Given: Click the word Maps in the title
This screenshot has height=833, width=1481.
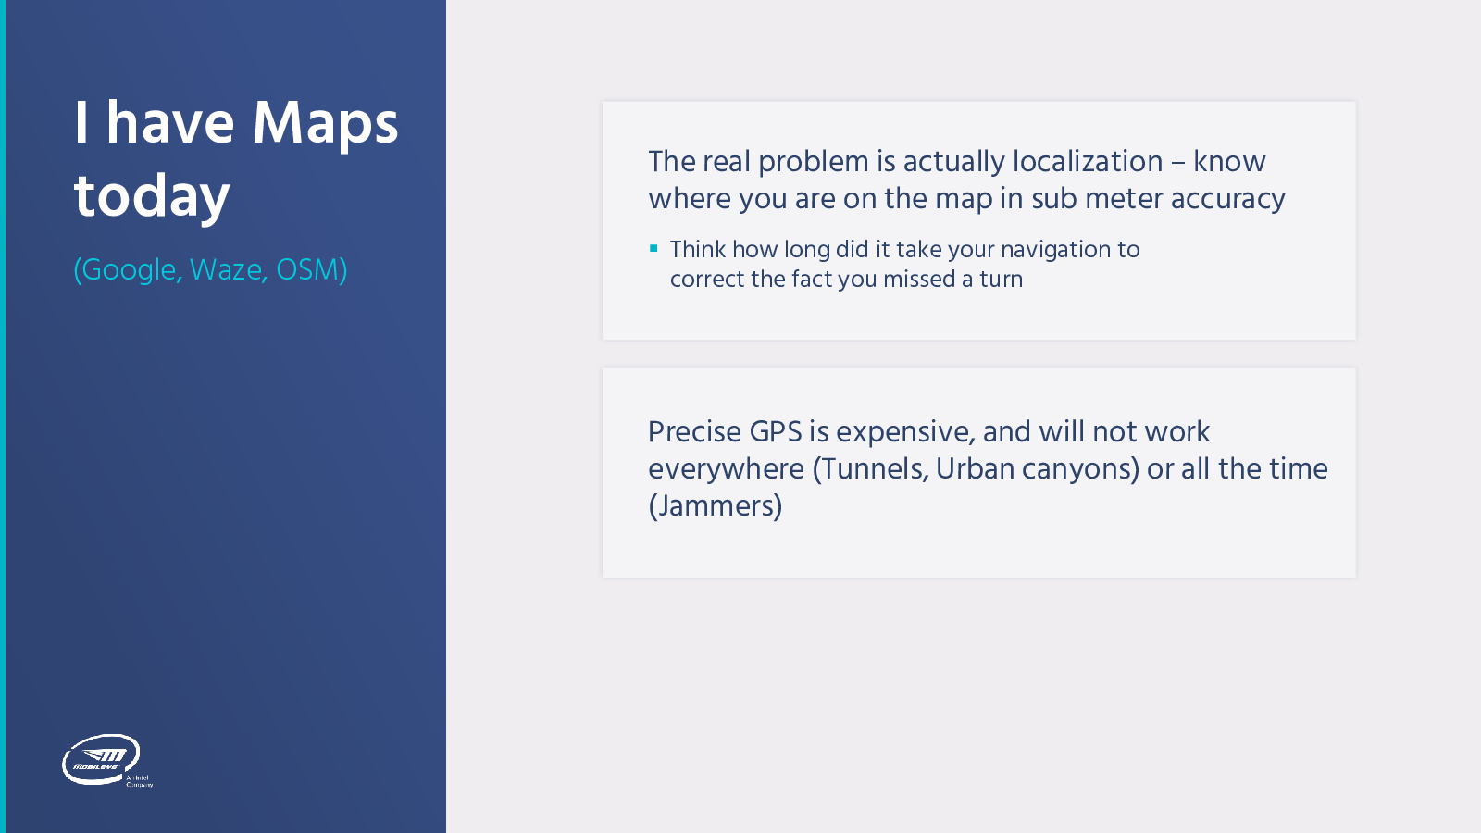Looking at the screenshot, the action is [x=325, y=124].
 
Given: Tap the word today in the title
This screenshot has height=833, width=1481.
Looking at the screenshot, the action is [x=152, y=196].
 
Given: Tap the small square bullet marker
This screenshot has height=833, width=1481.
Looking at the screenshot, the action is [x=653, y=249].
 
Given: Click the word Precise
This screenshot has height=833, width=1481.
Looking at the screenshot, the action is [x=694, y=431].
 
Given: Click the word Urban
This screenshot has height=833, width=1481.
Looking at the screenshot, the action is [x=975, y=468].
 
